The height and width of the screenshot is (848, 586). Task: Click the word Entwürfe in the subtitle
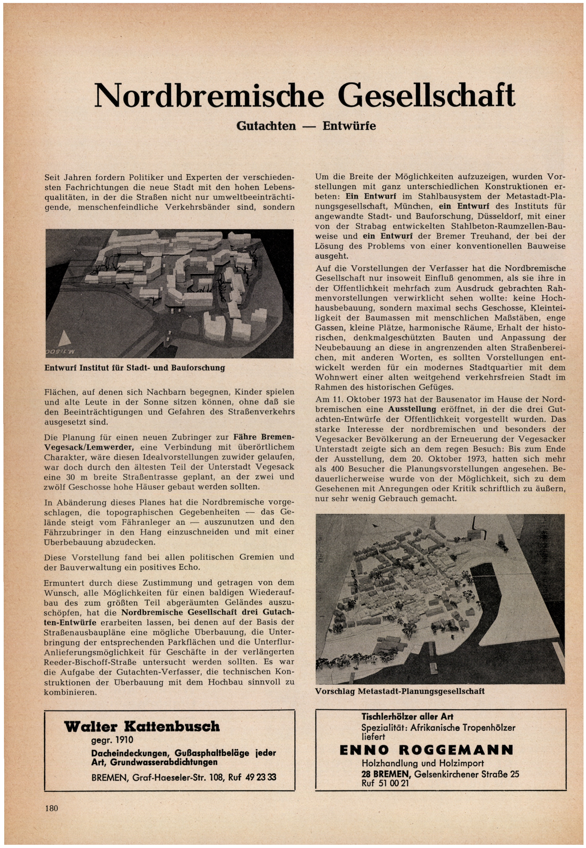[349, 126]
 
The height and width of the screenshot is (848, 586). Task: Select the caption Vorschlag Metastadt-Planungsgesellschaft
[400, 691]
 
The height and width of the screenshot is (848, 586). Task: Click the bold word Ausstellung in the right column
[412, 409]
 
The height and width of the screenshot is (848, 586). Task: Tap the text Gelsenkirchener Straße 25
[467, 774]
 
